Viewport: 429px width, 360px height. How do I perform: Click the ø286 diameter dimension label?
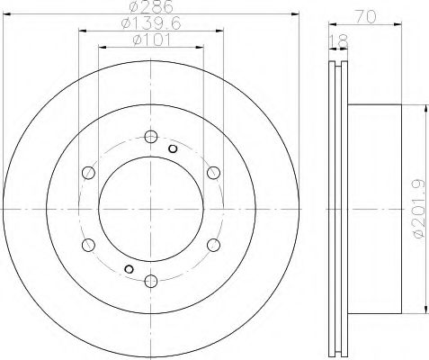(151, 6)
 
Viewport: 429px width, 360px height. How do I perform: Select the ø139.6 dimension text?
(151, 23)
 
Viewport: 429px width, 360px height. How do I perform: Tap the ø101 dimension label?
(151, 40)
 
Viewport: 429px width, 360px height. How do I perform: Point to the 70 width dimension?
(365, 17)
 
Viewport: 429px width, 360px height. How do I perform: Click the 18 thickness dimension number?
(338, 41)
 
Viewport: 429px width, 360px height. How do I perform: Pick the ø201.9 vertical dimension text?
(419, 209)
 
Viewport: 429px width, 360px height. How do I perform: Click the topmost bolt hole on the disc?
(151, 137)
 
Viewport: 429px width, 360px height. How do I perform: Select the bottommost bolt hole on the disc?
(151, 281)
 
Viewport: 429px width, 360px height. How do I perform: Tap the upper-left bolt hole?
(88, 173)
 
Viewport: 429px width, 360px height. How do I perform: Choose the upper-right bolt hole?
(213, 173)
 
